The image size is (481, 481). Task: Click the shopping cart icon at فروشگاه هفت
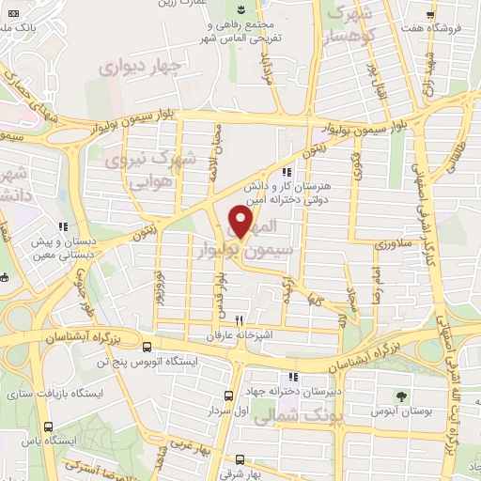429,16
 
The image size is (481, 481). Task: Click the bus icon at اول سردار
228,396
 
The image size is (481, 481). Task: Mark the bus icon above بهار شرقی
240,459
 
